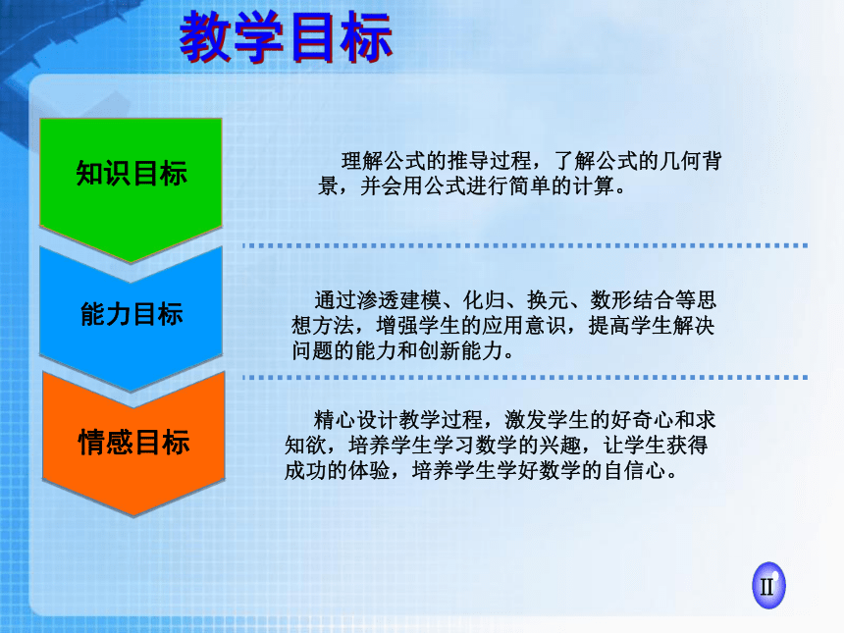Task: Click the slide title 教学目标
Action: coord(286,36)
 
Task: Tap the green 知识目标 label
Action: coord(132,174)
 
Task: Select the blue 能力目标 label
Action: coord(132,314)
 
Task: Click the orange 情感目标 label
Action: coord(133,442)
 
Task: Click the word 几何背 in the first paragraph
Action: coord(691,160)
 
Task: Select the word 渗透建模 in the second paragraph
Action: coord(399,300)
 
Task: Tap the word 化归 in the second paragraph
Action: coord(485,300)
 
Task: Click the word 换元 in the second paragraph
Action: coord(548,300)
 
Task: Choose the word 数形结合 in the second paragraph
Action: coord(632,300)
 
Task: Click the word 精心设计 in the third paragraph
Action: coord(356,420)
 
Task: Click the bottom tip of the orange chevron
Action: coord(132,515)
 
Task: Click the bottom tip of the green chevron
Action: coord(131,263)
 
